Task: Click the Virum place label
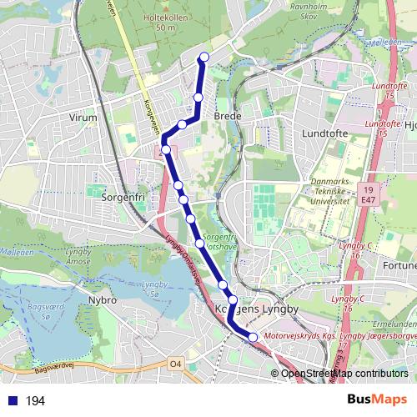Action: (83, 118)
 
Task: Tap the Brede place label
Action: (228, 117)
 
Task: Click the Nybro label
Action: (102, 298)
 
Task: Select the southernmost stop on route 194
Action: (253, 336)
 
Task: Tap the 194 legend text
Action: (36, 401)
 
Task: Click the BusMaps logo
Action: (377, 399)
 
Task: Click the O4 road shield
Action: (174, 364)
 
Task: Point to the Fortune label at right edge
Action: (401, 265)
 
